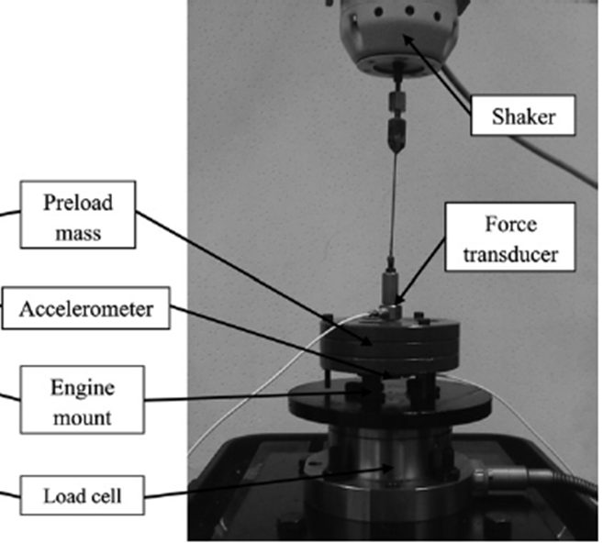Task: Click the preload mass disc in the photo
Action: (386, 344)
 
